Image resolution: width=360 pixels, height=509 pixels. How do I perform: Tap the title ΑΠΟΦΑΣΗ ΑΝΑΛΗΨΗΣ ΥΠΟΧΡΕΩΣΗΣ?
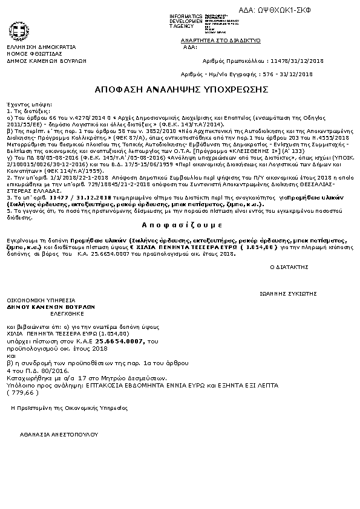click(x=181, y=89)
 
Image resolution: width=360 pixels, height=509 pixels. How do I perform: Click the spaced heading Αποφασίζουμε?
click(x=179, y=223)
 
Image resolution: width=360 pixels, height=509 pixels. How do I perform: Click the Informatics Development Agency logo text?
click(x=187, y=21)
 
